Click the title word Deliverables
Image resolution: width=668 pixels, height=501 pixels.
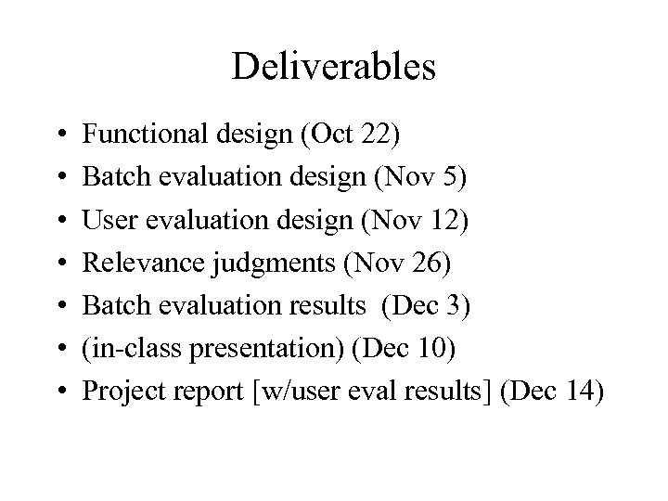(334, 67)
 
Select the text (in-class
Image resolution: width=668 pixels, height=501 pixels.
(127, 348)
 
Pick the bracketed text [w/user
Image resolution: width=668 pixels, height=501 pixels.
(284, 391)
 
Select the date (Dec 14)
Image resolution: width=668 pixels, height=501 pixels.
(551, 391)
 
